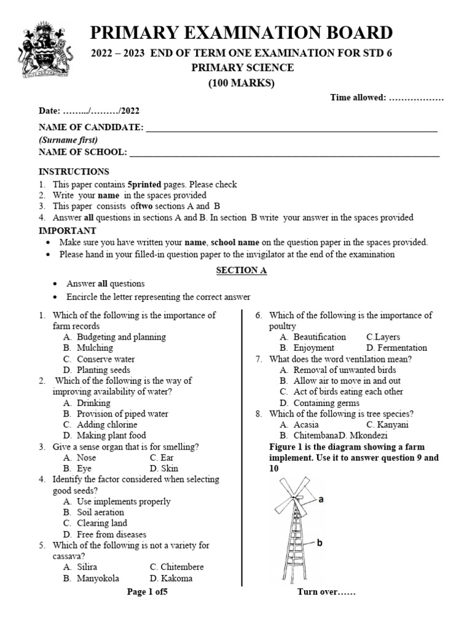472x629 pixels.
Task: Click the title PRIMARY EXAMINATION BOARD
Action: pos(242,33)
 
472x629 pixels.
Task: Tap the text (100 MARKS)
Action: pos(242,84)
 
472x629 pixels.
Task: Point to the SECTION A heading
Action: pos(241,270)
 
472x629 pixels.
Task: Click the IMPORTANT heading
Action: pos(67,230)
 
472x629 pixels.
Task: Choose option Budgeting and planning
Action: pos(121,337)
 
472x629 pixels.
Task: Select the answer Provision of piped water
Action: pos(122,414)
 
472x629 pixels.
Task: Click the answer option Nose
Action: pos(86,458)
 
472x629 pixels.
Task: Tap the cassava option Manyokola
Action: pos(98,578)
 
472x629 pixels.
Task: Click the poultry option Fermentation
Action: pos(402,348)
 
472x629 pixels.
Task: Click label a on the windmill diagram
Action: pos(321,500)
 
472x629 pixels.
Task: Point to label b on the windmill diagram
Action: pos(320,542)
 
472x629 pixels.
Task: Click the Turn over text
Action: pos(326,593)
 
